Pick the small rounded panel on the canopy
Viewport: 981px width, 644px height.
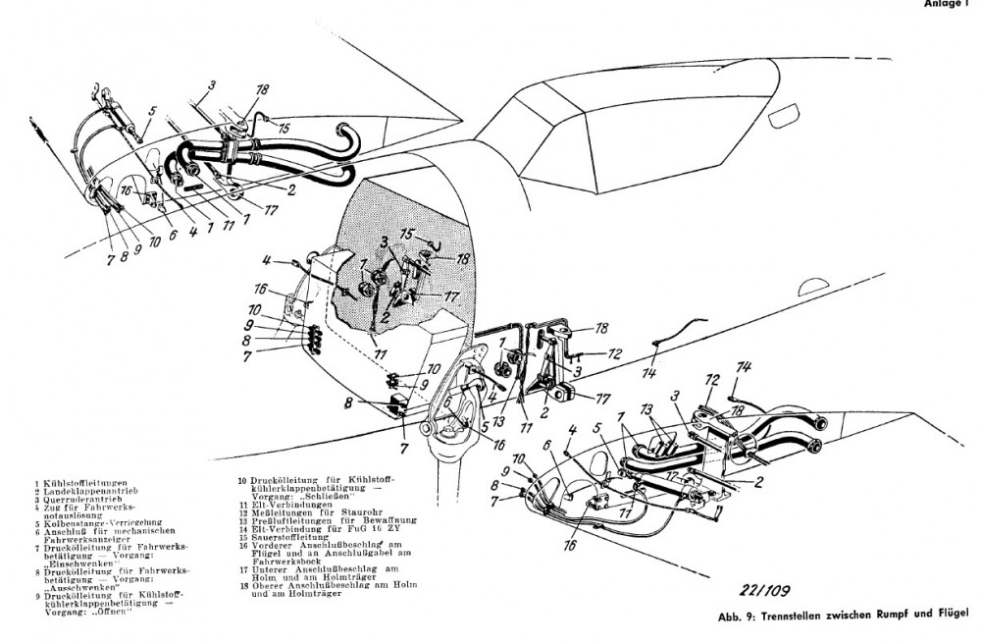pyautogui.click(x=788, y=120)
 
